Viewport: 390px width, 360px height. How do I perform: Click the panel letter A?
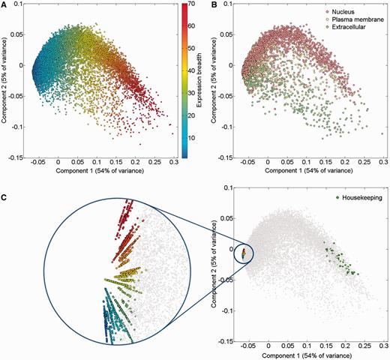pos(4,5)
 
